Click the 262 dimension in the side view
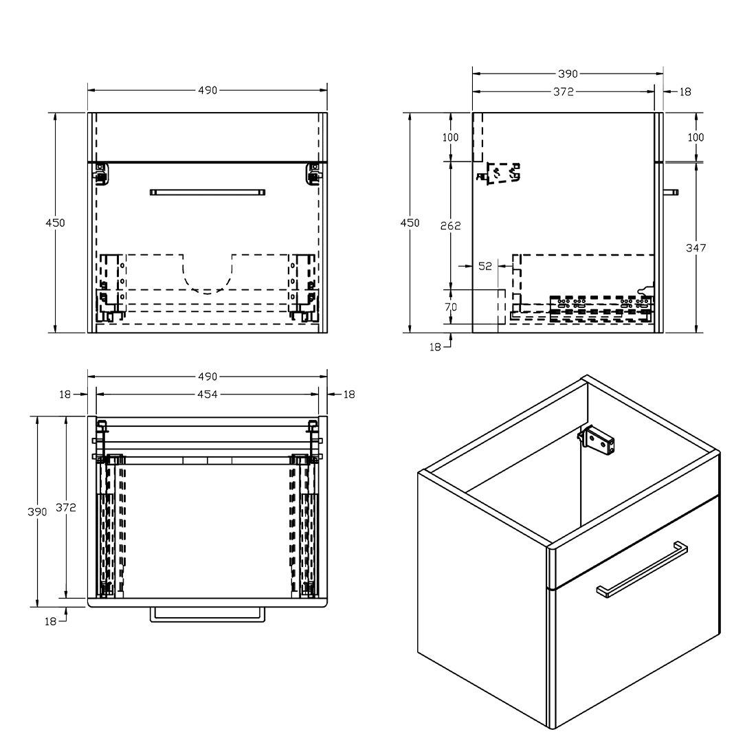click(450, 225)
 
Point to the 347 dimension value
click(696, 248)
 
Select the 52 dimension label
click(485, 266)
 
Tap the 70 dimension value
click(450, 307)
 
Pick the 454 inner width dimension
click(208, 394)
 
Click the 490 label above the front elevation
click(208, 90)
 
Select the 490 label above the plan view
click(208, 377)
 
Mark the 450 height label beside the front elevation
click(55, 223)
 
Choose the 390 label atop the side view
click(568, 74)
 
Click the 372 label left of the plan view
click(65, 507)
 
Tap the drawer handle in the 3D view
click(642, 569)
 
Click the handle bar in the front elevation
click(208, 192)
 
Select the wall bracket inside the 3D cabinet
click(597, 439)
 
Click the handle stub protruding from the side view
click(671, 192)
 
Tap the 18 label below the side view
click(435, 347)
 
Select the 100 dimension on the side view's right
click(696, 137)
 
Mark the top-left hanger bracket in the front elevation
click(101, 174)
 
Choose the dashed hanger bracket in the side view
click(499, 174)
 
